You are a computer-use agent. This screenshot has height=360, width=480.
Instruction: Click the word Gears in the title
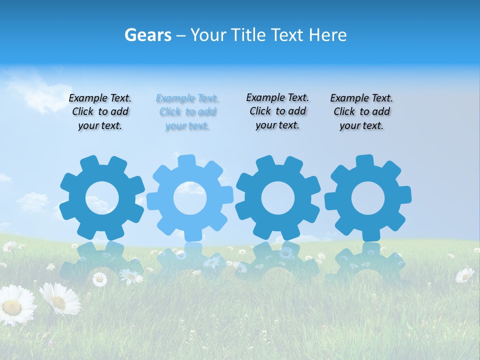coord(148,35)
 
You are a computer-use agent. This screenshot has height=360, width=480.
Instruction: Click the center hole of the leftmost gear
coord(102,198)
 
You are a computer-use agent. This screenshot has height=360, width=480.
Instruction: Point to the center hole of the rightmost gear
coord(368,198)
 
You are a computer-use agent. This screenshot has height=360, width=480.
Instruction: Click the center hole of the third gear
coord(278,197)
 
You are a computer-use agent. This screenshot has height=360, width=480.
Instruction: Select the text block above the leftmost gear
coord(100,112)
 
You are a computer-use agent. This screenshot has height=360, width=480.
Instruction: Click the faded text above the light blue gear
coord(187,112)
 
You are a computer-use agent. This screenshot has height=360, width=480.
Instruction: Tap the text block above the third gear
coord(277,111)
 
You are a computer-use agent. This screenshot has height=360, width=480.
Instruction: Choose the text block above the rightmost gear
coord(361,112)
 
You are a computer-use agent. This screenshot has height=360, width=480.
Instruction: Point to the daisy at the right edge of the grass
coord(465,274)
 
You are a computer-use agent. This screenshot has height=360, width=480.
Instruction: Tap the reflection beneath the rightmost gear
coord(368,262)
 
